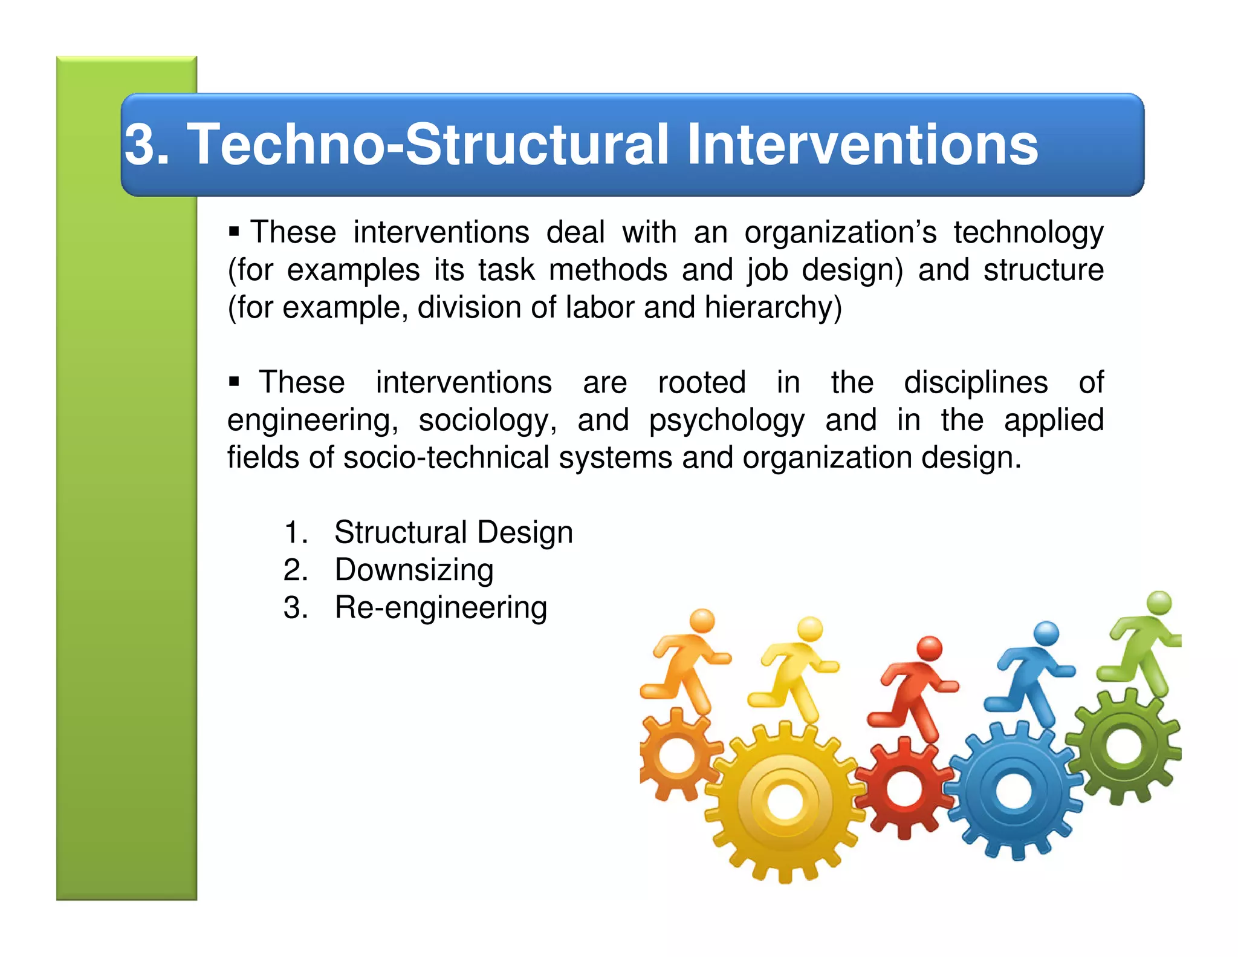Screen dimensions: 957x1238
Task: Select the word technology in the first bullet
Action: coord(1028,234)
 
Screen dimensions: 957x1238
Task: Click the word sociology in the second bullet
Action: coord(487,420)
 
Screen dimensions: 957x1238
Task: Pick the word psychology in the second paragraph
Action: coord(726,421)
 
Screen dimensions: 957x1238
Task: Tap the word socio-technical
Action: coord(447,457)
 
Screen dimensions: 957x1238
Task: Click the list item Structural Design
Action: coord(453,532)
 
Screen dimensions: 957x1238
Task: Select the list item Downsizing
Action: coord(414,570)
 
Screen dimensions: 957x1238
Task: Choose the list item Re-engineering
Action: coord(441,607)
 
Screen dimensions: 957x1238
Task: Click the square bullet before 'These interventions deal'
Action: coord(235,231)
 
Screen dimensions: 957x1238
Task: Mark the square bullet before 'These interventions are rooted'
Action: coord(235,381)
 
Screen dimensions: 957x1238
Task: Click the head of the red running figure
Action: coord(930,648)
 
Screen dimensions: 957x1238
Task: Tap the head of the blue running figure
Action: coord(1046,633)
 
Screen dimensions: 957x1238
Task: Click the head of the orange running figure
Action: coord(702,621)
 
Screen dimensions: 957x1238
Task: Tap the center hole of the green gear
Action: coord(1123,745)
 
